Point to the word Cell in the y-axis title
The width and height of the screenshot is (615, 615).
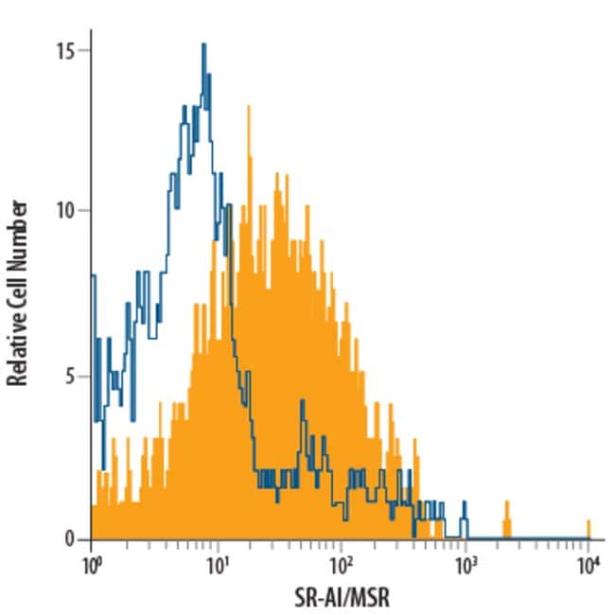click(x=16, y=282)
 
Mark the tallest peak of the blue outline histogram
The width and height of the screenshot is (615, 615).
click(x=203, y=44)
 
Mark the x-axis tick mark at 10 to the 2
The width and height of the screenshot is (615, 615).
click(x=341, y=545)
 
